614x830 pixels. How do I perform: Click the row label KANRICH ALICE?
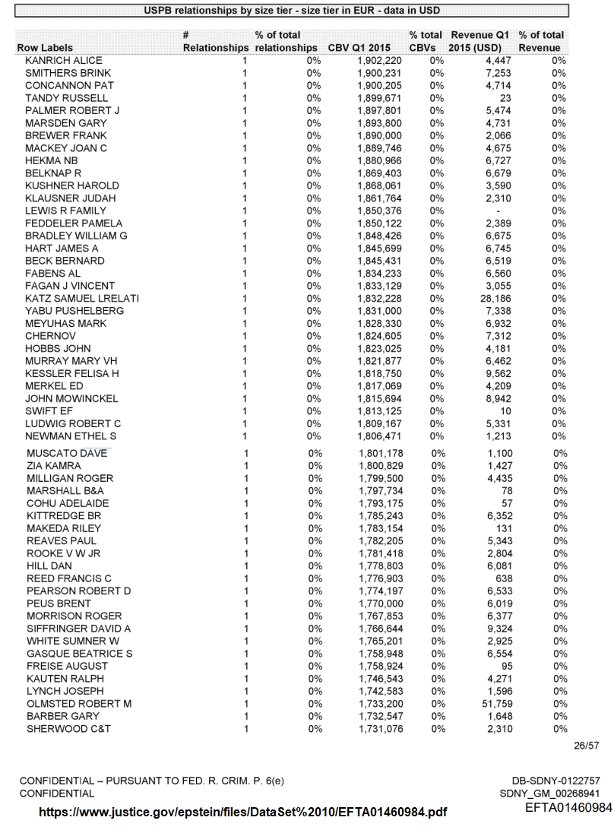click(x=63, y=61)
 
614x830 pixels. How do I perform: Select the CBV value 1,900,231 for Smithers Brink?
click(x=379, y=73)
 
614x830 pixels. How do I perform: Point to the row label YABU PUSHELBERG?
click(x=74, y=311)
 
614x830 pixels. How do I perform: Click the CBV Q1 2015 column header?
click(x=359, y=48)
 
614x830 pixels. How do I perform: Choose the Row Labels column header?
click(x=45, y=48)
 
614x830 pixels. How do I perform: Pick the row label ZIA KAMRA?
click(x=54, y=466)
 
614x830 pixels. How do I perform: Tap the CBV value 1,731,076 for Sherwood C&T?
click(x=381, y=729)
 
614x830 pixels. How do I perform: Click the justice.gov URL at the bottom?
click(x=242, y=813)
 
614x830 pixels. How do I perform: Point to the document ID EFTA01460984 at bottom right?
click(x=568, y=807)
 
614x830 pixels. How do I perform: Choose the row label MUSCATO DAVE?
click(x=67, y=454)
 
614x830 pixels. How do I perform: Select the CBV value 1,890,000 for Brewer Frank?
click(x=379, y=135)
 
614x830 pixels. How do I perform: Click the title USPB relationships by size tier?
click(x=293, y=11)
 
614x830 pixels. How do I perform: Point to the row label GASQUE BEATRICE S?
click(x=80, y=654)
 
